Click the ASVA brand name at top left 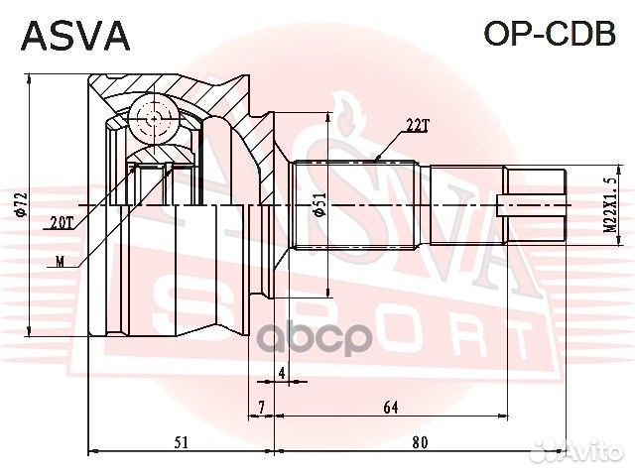coord(75,37)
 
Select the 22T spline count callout coord(418,125)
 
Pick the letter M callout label coord(63,262)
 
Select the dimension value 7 coord(260,407)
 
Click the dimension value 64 coord(391,407)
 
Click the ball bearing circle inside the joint coord(152,119)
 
